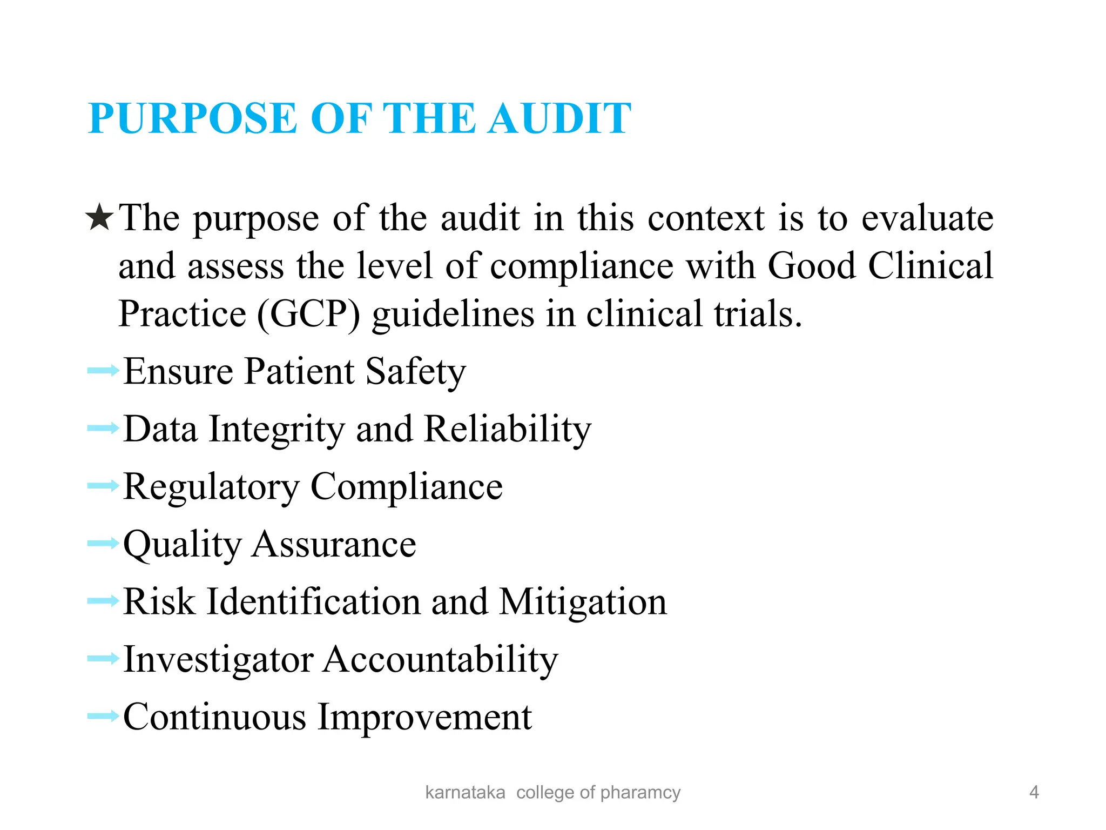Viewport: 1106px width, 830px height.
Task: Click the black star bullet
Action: click(100, 218)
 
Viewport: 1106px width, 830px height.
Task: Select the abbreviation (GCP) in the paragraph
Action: click(308, 314)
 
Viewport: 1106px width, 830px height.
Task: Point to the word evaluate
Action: click(927, 218)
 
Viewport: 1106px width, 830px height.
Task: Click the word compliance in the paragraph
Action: click(581, 266)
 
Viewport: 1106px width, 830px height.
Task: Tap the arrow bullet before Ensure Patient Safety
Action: click(103, 371)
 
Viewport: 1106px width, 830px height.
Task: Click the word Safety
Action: click(415, 372)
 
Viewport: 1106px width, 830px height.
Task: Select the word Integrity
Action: click(276, 430)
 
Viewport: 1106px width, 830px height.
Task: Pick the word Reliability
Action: click(508, 430)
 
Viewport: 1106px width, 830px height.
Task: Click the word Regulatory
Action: click(211, 487)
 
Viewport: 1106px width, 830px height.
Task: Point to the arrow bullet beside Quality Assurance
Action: click(103, 543)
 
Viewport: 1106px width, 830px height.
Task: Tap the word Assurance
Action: click(334, 544)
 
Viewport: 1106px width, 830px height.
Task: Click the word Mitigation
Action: click(583, 602)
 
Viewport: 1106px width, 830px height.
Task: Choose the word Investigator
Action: click(218, 660)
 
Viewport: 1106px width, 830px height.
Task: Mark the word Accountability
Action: click(440, 659)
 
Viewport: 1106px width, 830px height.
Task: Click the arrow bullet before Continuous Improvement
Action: click(103, 717)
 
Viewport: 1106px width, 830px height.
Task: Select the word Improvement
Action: click(424, 717)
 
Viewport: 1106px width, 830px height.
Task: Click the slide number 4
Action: click(1034, 792)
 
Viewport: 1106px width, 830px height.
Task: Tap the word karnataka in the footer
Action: click(465, 792)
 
